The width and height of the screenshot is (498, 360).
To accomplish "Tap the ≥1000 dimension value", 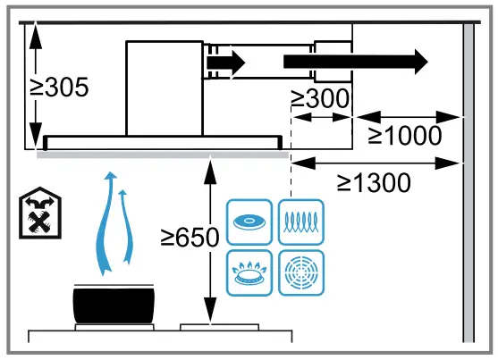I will [x=404, y=136].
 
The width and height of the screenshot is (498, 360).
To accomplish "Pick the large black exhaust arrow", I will [x=354, y=62].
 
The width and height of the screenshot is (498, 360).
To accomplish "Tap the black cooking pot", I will [x=114, y=305].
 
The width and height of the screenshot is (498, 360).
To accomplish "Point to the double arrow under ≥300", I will [x=323, y=116].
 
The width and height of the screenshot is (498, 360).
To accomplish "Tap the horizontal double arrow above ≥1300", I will [x=376, y=162].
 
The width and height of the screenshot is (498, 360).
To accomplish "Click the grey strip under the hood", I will [x=161, y=153].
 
